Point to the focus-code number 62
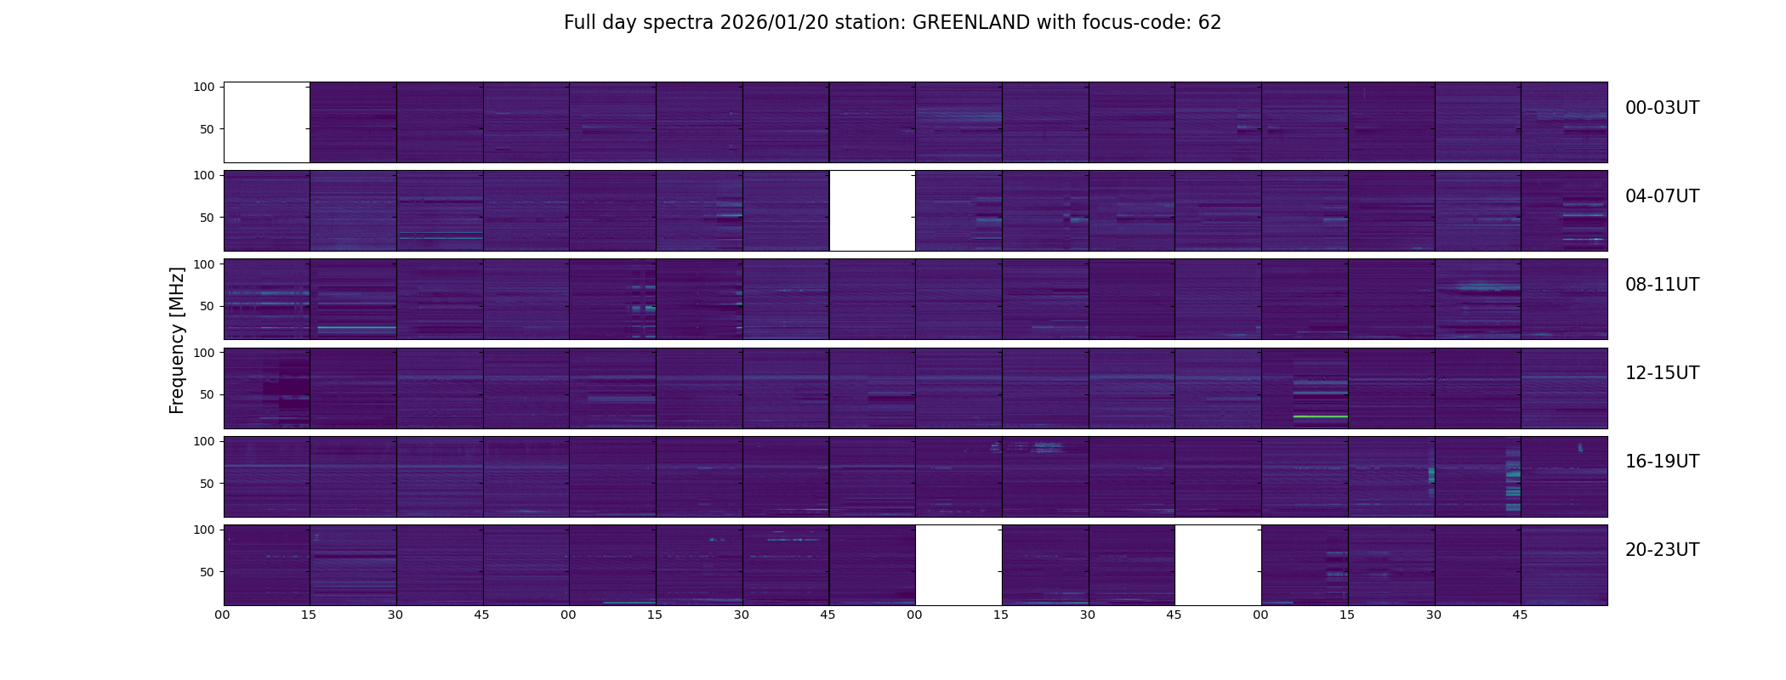(x=1209, y=23)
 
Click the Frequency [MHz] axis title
(x=177, y=341)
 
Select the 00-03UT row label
(x=1662, y=108)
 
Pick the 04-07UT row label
(x=1662, y=196)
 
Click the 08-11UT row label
(x=1662, y=285)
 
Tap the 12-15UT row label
(x=1662, y=373)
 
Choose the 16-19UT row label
(x=1662, y=462)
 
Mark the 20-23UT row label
(x=1662, y=550)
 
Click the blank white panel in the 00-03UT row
(x=267, y=122)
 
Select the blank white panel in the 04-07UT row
(x=872, y=210)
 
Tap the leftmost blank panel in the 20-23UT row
(x=958, y=564)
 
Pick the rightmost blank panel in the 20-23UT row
(x=1218, y=564)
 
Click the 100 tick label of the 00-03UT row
(x=204, y=88)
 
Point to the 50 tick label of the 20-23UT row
(x=208, y=572)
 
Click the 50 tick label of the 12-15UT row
(x=208, y=395)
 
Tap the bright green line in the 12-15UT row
(x=1320, y=416)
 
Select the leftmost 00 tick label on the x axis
(x=223, y=615)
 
